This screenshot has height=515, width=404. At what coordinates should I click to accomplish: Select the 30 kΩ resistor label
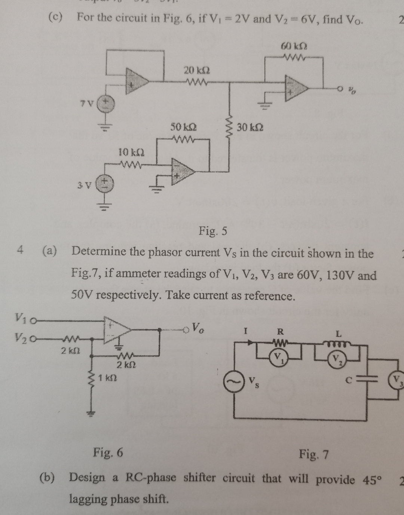pos(250,127)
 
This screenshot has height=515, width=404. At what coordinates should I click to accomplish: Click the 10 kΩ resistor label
pos(132,152)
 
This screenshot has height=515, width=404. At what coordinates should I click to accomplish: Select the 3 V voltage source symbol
pos(104,184)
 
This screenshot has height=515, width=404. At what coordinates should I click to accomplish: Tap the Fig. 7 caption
pos(314,454)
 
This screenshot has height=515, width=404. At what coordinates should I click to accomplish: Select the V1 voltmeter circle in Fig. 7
pos(278,355)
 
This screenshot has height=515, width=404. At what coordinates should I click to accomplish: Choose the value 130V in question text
pos(340,276)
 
